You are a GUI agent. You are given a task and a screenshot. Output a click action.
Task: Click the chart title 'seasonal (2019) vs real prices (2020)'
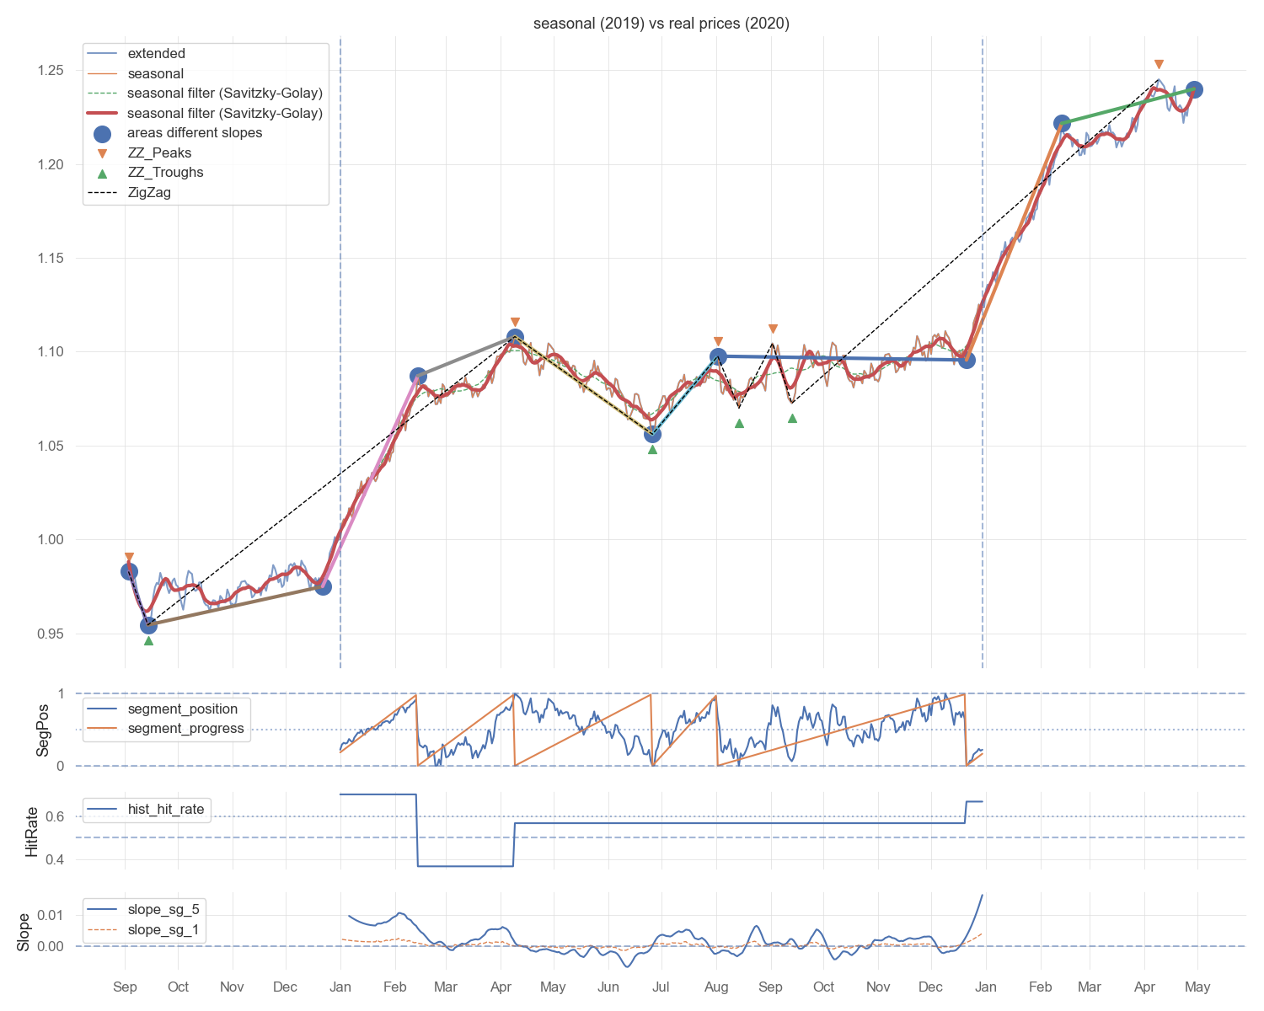tap(661, 24)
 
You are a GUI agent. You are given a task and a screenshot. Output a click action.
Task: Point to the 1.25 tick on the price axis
tap(51, 71)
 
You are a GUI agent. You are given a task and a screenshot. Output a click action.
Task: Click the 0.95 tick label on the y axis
tap(51, 634)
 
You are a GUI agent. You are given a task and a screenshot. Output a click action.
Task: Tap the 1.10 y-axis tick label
tap(51, 352)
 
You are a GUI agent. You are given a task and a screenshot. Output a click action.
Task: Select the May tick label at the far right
tap(1197, 987)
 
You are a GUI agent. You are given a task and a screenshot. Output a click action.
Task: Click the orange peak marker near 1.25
tap(1158, 65)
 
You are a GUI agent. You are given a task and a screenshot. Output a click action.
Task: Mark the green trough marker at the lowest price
tap(148, 640)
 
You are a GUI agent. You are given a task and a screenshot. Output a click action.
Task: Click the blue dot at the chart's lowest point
tap(148, 626)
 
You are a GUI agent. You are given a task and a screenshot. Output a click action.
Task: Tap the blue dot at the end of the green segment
tap(1193, 90)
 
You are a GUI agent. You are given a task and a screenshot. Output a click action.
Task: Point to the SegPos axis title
tap(42, 730)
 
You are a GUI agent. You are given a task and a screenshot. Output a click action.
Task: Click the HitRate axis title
tap(31, 832)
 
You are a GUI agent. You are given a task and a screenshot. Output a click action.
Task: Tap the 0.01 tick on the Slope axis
tap(51, 915)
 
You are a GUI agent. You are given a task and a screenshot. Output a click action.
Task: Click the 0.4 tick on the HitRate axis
tap(55, 859)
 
